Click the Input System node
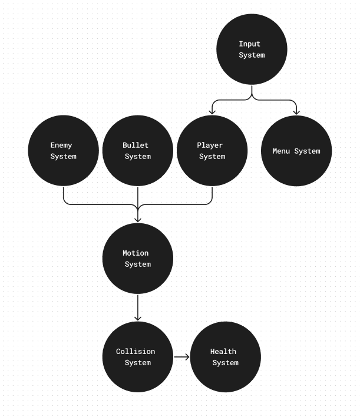click(x=252, y=49)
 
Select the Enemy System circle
click(x=64, y=151)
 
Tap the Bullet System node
click(x=138, y=151)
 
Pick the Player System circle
click(x=212, y=151)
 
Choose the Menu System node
click(x=296, y=151)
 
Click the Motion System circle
click(x=138, y=259)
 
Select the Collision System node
click(x=138, y=357)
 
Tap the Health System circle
click(x=226, y=357)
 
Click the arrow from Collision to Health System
click(x=181, y=357)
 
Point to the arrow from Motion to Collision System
click(x=138, y=307)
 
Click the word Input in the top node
click(x=249, y=44)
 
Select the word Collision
click(x=136, y=351)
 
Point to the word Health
click(x=223, y=351)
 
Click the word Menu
click(x=281, y=151)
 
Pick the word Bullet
click(x=136, y=145)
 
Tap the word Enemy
click(x=61, y=145)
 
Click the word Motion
click(x=136, y=253)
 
